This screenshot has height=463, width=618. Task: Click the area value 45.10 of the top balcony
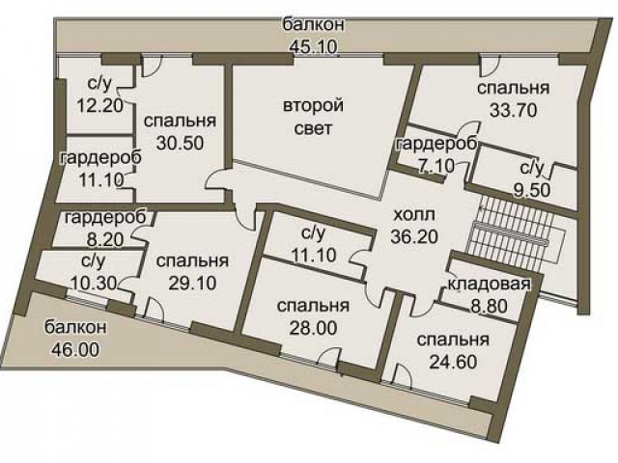314,47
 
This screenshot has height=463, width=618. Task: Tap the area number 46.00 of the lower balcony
75,349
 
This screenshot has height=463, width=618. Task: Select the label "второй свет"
313,118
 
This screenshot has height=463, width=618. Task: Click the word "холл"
414,215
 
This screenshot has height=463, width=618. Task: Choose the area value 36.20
414,236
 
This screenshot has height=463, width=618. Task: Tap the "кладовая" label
490,284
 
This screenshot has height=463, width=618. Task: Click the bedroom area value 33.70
513,110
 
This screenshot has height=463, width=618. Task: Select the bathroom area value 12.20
99,105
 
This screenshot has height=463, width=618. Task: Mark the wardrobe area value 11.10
100,180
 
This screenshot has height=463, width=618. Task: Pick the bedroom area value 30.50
181,143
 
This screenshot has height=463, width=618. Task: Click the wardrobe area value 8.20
105,239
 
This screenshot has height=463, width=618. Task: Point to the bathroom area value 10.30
94,283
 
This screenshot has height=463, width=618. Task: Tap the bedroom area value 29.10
192,283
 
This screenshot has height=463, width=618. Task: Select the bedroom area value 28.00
313,328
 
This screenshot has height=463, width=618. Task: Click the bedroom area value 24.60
453,362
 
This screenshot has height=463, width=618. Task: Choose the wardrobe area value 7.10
436,166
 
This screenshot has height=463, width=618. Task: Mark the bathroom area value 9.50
532,190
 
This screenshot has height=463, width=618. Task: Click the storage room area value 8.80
490,306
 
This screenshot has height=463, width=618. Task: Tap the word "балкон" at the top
314,24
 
